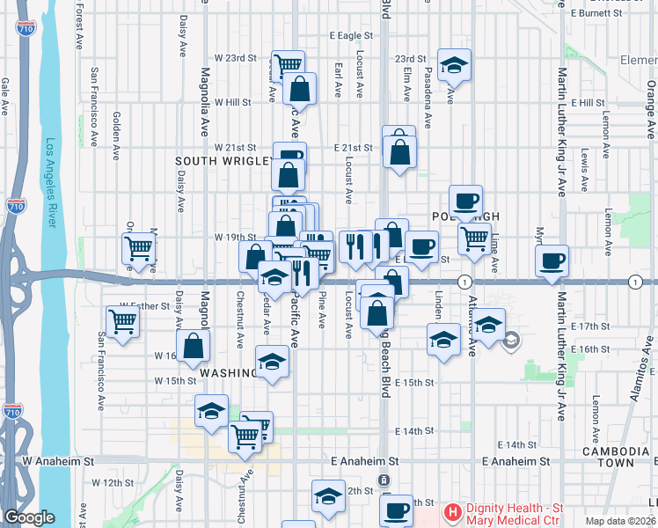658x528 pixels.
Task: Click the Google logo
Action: coord(28,518)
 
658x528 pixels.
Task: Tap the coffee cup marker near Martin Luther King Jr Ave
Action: coord(552,260)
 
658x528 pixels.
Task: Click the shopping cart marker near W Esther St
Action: coord(122,320)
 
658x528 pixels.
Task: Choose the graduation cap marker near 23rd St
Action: coord(454,65)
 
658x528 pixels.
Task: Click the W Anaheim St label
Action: coord(58,461)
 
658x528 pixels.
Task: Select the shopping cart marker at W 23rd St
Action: coord(288,64)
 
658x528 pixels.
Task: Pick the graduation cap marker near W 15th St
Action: coord(272,362)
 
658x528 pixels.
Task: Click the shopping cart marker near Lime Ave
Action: coord(475,238)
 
